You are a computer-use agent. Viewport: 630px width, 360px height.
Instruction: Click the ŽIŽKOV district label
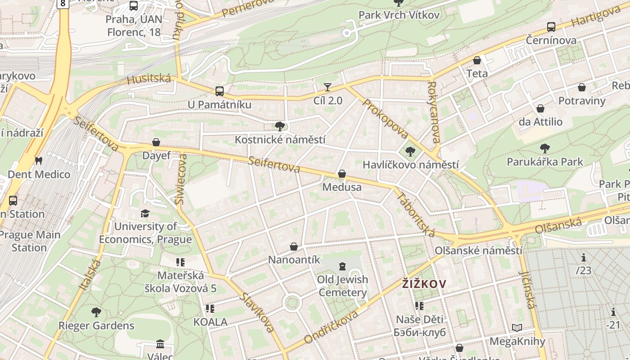(424, 283)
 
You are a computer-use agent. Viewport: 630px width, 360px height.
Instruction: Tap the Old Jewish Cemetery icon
(342, 266)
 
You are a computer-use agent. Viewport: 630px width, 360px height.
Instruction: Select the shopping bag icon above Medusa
(342, 174)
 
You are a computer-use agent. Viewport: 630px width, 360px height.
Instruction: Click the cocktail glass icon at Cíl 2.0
(328, 87)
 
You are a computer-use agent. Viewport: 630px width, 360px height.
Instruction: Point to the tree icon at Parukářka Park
(544, 148)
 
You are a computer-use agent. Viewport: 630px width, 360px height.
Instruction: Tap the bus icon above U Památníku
(220, 91)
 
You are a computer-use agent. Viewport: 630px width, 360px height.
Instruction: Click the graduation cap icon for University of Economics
(145, 213)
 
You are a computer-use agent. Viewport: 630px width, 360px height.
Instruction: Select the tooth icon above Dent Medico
(39, 161)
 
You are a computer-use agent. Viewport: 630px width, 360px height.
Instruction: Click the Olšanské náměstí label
(478, 251)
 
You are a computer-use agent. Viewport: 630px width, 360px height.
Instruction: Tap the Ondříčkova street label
(331, 326)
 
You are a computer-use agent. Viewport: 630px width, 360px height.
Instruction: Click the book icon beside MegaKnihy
(517, 328)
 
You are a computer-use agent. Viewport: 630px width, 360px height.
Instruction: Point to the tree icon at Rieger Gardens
(96, 312)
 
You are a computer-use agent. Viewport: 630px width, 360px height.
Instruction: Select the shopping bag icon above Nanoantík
(294, 247)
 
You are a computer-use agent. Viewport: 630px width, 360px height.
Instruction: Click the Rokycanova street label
(434, 112)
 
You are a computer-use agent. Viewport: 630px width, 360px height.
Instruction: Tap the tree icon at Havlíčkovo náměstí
(410, 151)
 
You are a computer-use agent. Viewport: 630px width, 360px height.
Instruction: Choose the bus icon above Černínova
(551, 27)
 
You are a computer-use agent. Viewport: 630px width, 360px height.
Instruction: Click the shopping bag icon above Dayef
(156, 143)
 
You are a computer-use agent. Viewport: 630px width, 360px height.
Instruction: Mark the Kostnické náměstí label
(280, 140)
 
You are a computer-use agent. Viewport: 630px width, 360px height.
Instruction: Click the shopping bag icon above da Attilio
(540, 108)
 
